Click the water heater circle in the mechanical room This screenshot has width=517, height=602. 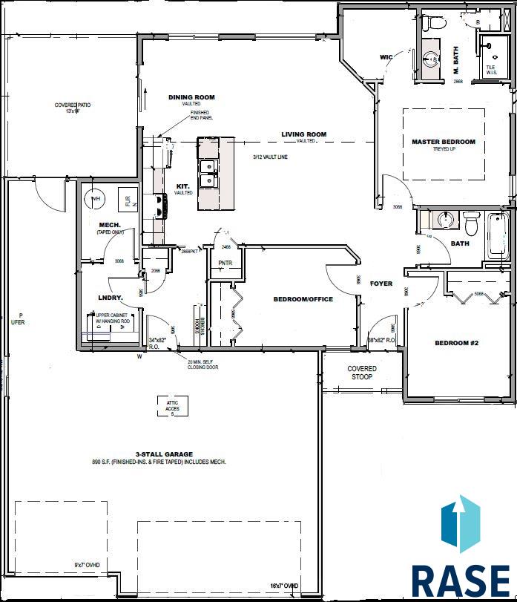(x=94, y=199)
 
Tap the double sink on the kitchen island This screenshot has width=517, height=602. (x=208, y=174)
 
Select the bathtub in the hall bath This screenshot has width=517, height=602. (x=496, y=235)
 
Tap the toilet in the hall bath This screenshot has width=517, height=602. (x=471, y=222)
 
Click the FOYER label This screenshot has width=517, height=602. (x=381, y=284)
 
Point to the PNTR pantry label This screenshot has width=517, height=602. (x=226, y=263)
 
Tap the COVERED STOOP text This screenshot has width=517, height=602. (x=362, y=373)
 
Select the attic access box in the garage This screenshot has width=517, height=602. (x=172, y=406)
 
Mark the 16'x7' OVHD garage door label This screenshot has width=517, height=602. (x=283, y=586)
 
